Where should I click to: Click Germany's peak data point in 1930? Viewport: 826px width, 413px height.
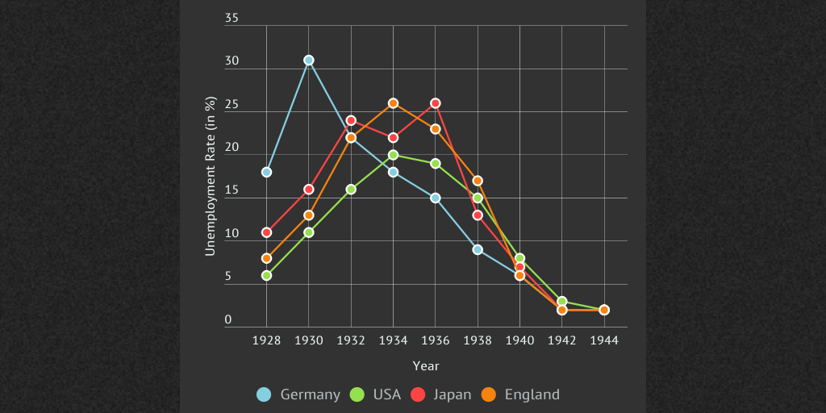(x=308, y=60)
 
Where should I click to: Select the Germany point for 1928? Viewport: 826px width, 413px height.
(x=266, y=172)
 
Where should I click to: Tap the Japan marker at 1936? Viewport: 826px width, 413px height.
(x=436, y=103)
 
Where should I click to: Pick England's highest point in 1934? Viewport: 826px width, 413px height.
(x=393, y=103)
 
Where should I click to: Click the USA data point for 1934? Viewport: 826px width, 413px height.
(x=393, y=155)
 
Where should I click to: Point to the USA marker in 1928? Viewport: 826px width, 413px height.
(x=266, y=275)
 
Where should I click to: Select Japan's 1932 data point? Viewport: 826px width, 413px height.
(x=351, y=120)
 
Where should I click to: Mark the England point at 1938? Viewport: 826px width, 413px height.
(x=478, y=181)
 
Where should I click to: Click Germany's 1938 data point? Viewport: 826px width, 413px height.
(x=478, y=249)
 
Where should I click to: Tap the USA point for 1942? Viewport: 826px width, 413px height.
(x=562, y=301)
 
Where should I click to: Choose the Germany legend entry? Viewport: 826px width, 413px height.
(x=298, y=394)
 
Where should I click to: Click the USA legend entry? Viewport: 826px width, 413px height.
(x=375, y=394)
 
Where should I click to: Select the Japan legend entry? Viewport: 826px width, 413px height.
(x=441, y=394)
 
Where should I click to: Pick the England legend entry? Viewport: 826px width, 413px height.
(x=520, y=394)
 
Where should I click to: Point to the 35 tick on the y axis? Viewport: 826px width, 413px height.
(x=232, y=18)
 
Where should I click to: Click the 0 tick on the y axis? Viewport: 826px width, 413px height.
(x=228, y=319)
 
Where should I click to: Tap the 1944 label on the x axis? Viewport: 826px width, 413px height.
(x=604, y=340)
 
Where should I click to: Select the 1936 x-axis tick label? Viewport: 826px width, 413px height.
(x=436, y=340)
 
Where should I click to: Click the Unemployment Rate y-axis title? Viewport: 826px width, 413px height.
(x=211, y=176)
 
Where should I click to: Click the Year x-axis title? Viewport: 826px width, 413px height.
(x=426, y=366)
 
